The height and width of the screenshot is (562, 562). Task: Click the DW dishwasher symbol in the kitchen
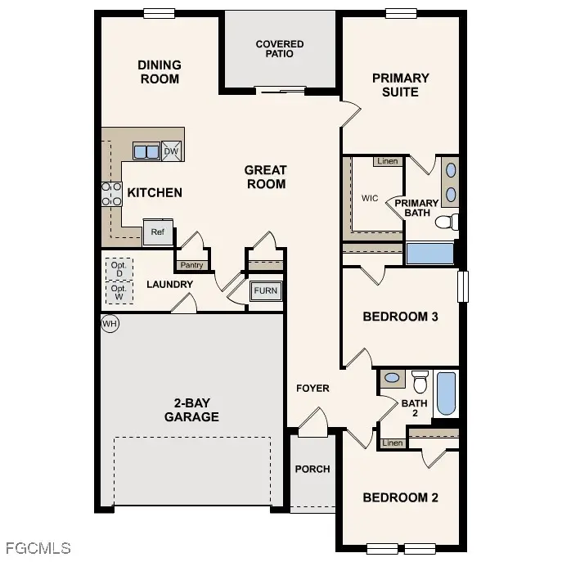pos(171,151)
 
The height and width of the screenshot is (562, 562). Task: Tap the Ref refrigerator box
pos(158,232)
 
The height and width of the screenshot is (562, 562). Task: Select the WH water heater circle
pos(110,323)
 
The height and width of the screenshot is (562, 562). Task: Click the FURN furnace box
pos(265,291)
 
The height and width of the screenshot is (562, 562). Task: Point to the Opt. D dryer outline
pos(119,268)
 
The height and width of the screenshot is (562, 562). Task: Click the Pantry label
pos(191,265)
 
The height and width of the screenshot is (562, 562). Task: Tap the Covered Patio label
pos(280,49)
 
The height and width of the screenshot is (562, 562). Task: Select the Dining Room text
pos(160,72)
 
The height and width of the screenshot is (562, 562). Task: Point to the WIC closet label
pos(370,198)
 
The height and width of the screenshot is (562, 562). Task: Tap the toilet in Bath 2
pos(420,381)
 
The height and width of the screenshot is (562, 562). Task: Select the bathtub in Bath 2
pos(447,393)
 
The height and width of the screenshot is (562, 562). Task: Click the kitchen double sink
pos(146,151)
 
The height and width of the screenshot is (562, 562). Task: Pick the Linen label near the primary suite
pos(388,161)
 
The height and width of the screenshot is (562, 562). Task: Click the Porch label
pos(312,469)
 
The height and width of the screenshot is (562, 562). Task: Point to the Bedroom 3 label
pos(400,317)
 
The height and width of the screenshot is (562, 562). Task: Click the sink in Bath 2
pos(393,378)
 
